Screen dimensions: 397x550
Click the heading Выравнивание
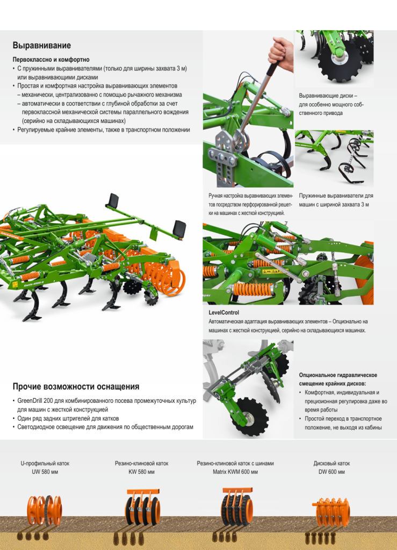coord(42,45)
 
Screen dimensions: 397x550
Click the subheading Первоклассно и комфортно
coord(51,60)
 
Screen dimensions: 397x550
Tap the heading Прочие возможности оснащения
coord(76,387)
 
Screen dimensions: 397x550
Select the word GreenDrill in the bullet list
coord(31,401)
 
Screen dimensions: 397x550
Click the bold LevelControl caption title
coord(224,313)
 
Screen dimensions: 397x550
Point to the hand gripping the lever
coord(281,53)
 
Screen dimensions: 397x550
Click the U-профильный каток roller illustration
coord(45,510)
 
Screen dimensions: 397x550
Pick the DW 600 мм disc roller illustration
coord(331,512)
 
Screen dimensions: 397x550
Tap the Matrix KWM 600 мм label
coord(235,472)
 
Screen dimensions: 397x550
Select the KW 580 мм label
coord(142,472)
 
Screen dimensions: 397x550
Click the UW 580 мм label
coord(45,472)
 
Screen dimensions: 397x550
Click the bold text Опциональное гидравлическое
coord(338,375)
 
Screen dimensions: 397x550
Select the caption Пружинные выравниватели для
coord(336,196)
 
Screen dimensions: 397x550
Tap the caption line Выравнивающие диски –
coord(328,96)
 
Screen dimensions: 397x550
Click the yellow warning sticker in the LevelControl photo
coord(274,271)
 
